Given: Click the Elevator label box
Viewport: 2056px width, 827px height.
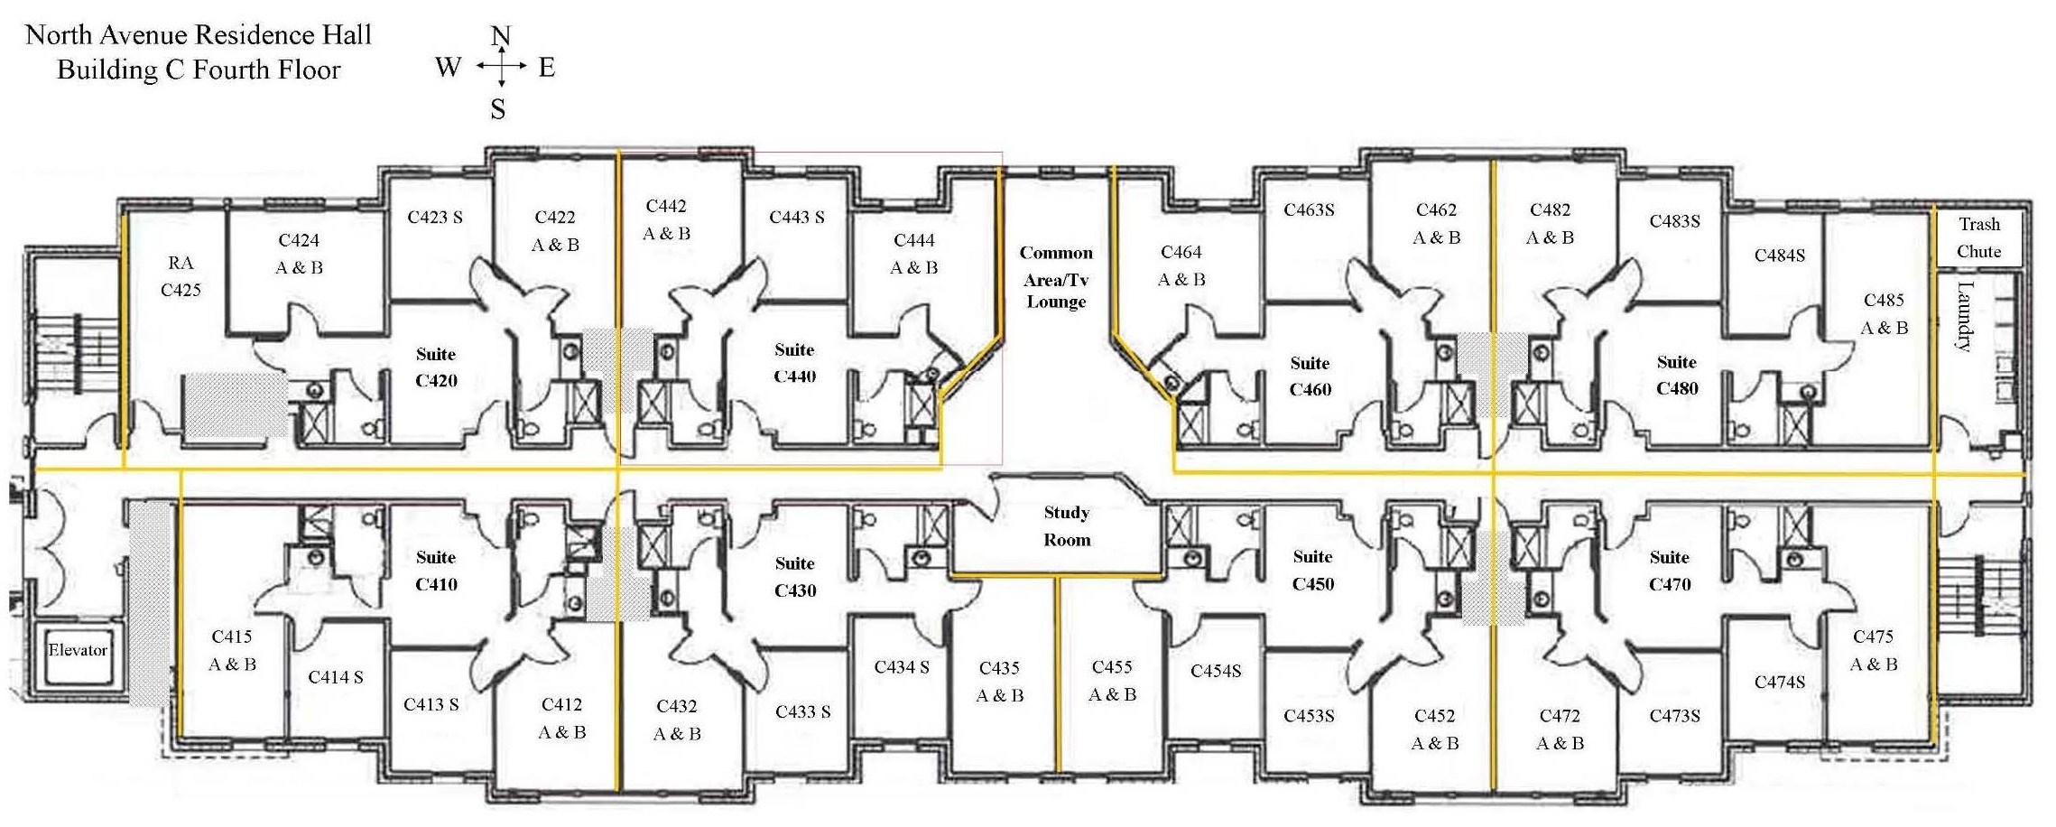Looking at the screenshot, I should (78, 650).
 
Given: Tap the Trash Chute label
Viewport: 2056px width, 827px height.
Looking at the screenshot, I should (1978, 237).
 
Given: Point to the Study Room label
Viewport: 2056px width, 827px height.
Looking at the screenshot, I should (1067, 526).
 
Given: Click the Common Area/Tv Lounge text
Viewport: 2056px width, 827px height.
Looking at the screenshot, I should (1056, 277).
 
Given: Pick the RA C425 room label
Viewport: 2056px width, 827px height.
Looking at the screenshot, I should (181, 276).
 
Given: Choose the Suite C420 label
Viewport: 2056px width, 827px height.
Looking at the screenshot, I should (436, 367).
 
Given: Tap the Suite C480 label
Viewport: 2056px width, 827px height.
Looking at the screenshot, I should (1677, 376).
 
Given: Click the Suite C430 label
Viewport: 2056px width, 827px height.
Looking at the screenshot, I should (795, 577).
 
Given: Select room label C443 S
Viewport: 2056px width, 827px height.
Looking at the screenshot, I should (797, 218).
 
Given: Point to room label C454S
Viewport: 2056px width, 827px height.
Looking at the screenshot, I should (1216, 671).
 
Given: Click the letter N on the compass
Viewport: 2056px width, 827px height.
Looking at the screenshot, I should (501, 36).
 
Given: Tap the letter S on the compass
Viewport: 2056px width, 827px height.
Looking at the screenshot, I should (498, 110).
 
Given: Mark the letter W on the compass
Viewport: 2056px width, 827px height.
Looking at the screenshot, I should (449, 68).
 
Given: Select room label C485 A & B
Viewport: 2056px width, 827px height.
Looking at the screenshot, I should (1884, 313).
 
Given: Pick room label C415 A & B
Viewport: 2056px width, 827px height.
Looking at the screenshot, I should (232, 650).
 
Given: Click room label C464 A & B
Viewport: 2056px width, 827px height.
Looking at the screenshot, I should (1181, 265).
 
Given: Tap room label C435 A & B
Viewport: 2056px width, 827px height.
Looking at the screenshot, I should (999, 682).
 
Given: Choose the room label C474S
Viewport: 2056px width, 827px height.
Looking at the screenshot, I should (1780, 683).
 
